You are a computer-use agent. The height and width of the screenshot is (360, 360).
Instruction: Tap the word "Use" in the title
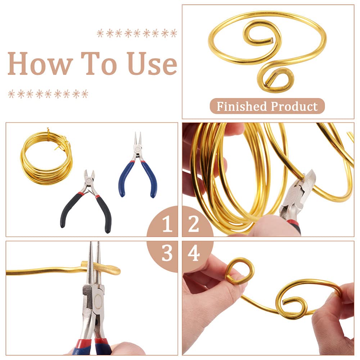(152, 63)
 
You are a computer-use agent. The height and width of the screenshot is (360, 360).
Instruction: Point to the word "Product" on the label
(294, 106)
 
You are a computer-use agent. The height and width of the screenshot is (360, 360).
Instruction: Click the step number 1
(167, 224)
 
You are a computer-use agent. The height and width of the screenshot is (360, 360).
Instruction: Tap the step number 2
(194, 224)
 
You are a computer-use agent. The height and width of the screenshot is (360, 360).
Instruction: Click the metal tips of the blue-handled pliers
(138, 139)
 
